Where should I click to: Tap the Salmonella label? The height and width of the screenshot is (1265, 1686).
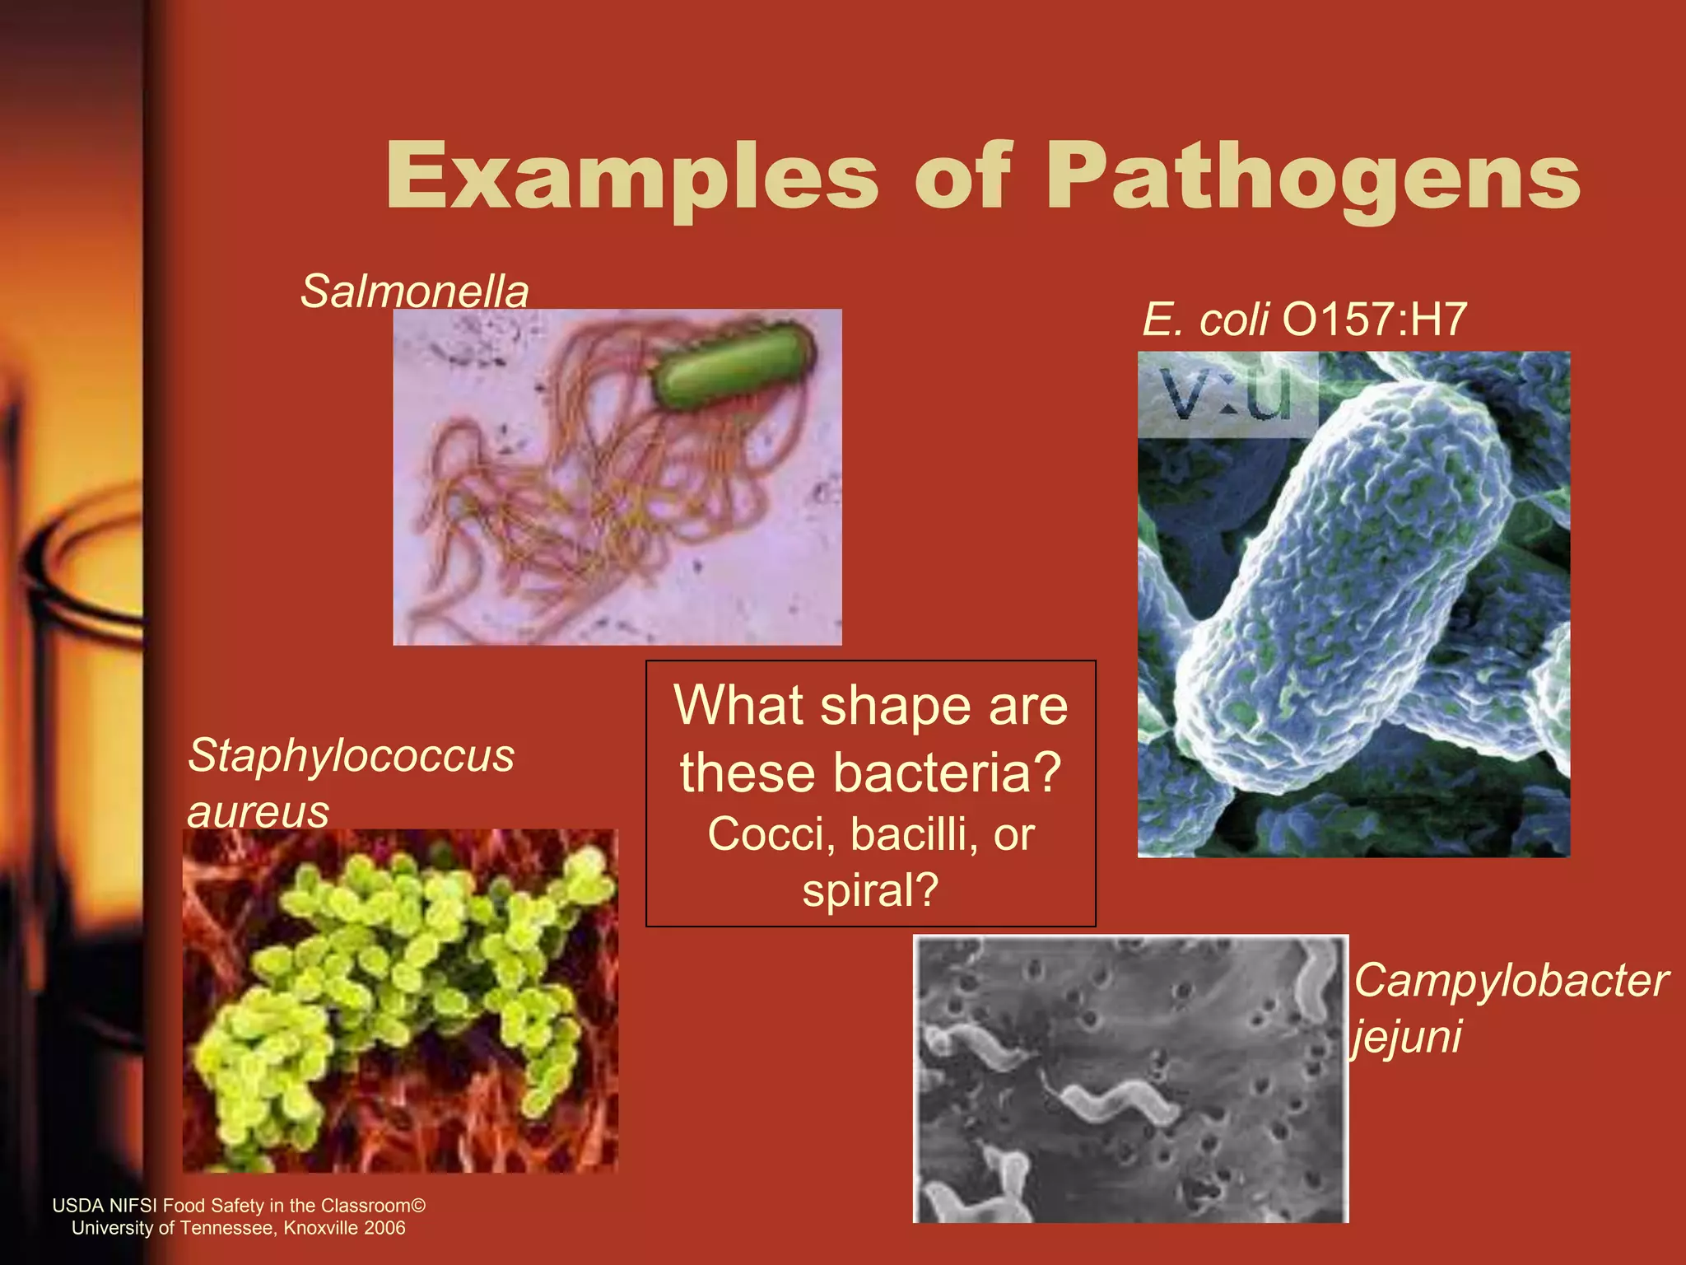coord(414,291)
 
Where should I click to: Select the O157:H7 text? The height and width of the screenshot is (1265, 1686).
coord(1374,320)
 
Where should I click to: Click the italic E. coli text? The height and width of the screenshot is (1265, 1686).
coord(1205,320)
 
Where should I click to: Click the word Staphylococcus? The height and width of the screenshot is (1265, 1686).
coord(351,755)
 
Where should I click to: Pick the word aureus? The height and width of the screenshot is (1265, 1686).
coord(258,811)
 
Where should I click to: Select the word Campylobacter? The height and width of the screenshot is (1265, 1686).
coord(1511,981)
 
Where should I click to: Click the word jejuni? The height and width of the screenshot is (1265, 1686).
coord(1407,1036)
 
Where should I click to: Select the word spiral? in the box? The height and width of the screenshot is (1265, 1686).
coord(870,890)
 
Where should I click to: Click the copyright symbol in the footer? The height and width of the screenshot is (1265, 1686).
coord(418,1206)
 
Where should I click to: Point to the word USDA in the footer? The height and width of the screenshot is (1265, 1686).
coord(77,1206)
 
